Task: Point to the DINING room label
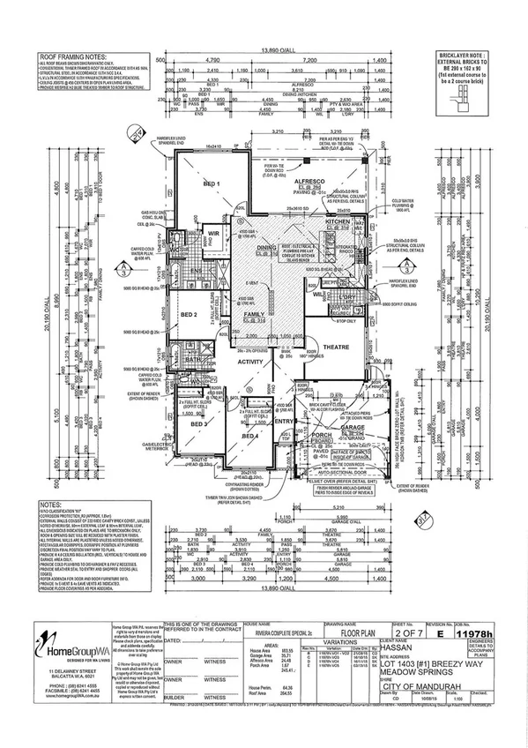pyautogui.click(x=265, y=248)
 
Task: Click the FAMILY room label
pyautogui.click(x=254, y=313)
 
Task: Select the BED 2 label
pyautogui.click(x=188, y=314)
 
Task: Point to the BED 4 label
pyautogui.click(x=249, y=436)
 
